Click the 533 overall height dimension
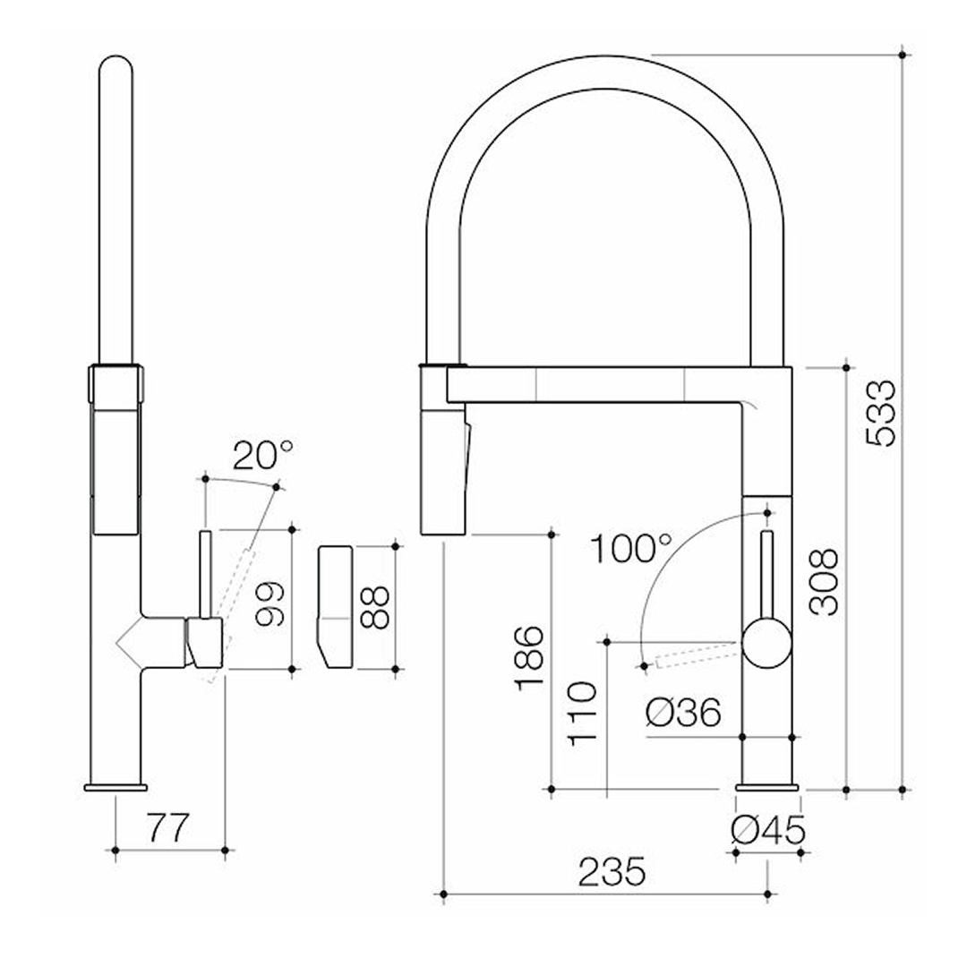coord(881,413)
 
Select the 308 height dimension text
coord(825,582)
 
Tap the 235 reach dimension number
coord(612,872)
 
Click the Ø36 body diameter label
coord(682,713)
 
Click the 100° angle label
coord(629,548)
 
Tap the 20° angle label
coord(262,457)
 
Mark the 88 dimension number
coord(376,608)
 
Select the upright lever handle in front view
coord(767,573)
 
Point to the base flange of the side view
coord(116,787)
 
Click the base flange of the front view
coord(766,787)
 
